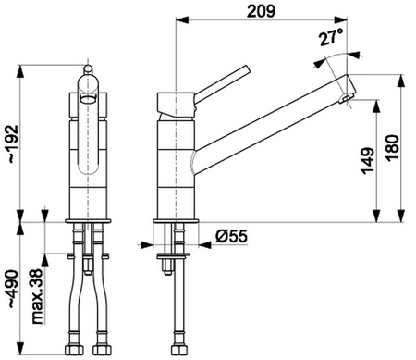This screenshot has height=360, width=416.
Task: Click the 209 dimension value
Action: [261, 11]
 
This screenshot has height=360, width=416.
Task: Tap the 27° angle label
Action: [331, 38]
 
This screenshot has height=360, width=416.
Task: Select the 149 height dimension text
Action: [368, 161]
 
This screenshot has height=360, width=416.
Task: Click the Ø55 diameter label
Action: [231, 237]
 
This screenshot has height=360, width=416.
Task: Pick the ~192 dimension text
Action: [13, 144]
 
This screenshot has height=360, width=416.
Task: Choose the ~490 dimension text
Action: [13, 290]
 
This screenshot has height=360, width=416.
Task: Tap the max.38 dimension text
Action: [37, 296]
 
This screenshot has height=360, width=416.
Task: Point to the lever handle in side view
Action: [222, 84]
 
